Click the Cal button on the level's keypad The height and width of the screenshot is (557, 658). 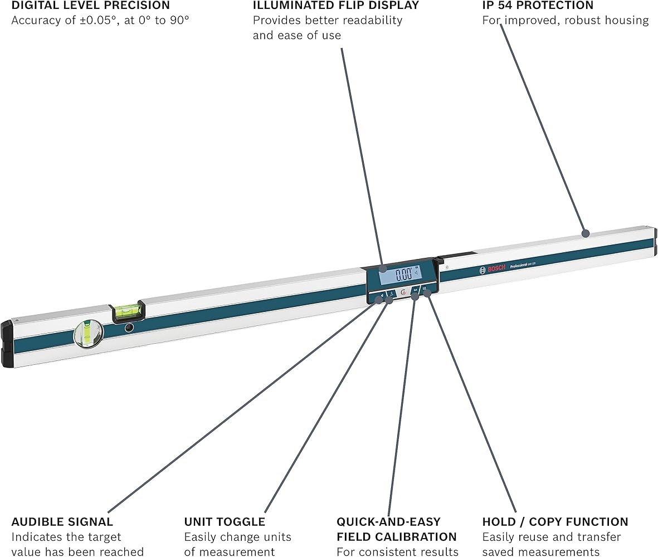pos(416,290)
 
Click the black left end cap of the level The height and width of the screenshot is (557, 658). pos(7,344)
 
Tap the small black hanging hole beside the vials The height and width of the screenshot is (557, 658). pos(129,328)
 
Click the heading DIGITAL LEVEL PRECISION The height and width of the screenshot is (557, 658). pos(90,6)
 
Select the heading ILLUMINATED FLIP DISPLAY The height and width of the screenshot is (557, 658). pos(335,6)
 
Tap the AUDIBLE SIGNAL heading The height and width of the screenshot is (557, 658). pos(62,522)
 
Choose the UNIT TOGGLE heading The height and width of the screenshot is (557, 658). pos(225,522)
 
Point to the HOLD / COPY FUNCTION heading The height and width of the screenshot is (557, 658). pos(555,522)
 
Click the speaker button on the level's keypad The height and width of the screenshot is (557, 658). pos(382,295)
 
